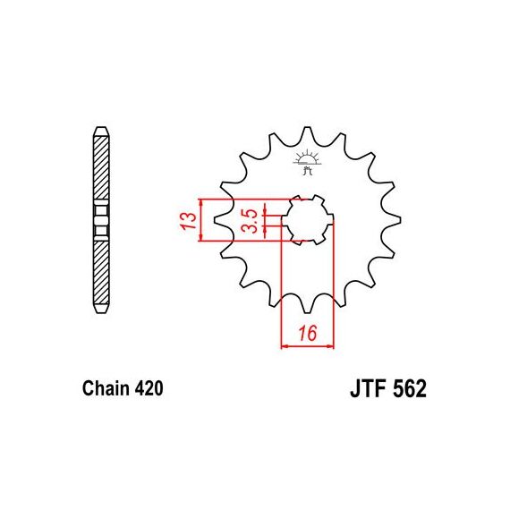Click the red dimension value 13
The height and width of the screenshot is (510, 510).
tap(190, 220)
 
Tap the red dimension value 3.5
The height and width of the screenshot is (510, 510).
tap(250, 221)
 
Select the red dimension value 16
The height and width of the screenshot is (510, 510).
tap(308, 333)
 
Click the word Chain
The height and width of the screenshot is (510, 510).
tap(106, 388)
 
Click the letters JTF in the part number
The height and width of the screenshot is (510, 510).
tap(369, 388)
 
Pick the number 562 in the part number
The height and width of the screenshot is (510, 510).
tap(410, 388)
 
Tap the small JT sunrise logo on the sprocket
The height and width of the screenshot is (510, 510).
tap(308, 162)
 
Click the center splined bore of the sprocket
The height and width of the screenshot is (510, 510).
tap(308, 220)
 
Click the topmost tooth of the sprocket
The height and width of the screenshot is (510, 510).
tap(308, 133)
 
